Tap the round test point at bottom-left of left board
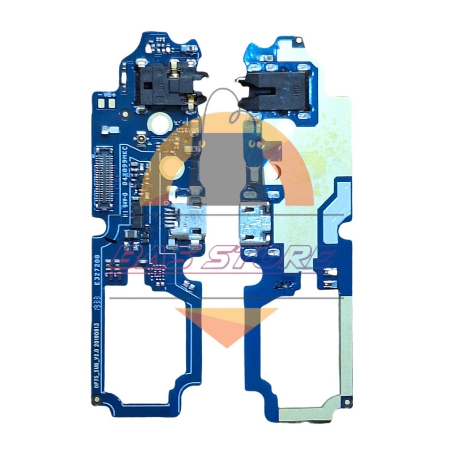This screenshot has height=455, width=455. click(x=96, y=400)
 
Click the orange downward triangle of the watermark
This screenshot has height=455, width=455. click(x=227, y=324)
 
